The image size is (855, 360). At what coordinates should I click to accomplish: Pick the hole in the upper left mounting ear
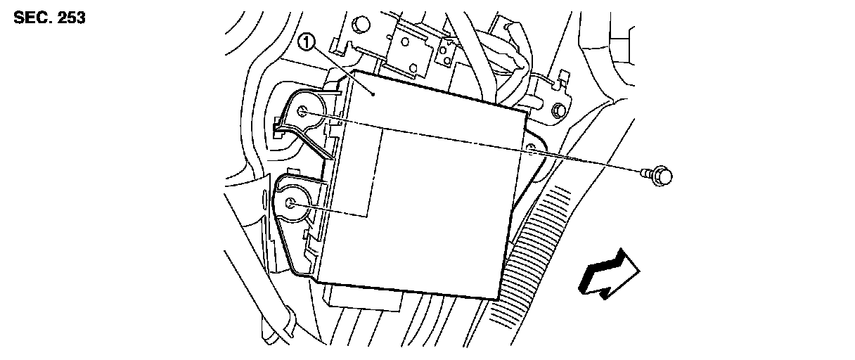pyautogui.click(x=302, y=110)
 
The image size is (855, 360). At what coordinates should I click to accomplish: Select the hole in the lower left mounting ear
pyautogui.click(x=291, y=204)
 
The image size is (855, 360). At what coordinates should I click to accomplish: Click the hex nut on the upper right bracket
pyautogui.click(x=558, y=110)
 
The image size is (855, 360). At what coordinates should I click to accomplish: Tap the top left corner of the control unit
pyautogui.click(x=356, y=70)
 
